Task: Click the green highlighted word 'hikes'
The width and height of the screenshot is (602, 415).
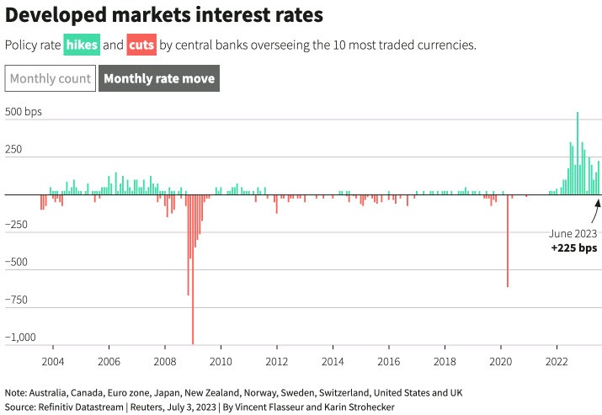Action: point(82,44)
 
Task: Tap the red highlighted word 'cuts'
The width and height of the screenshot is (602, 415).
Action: point(141,44)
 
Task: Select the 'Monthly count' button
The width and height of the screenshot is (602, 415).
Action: point(51,79)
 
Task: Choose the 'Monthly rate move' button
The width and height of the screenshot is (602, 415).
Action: point(159,79)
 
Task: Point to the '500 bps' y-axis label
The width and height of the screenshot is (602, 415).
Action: point(24,112)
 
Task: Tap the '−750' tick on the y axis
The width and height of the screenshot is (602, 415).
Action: point(21,301)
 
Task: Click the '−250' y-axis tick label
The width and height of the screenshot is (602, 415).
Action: point(21,225)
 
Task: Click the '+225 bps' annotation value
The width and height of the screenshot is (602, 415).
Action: point(573,248)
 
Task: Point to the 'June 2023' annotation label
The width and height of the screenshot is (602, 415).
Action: point(573,233)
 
